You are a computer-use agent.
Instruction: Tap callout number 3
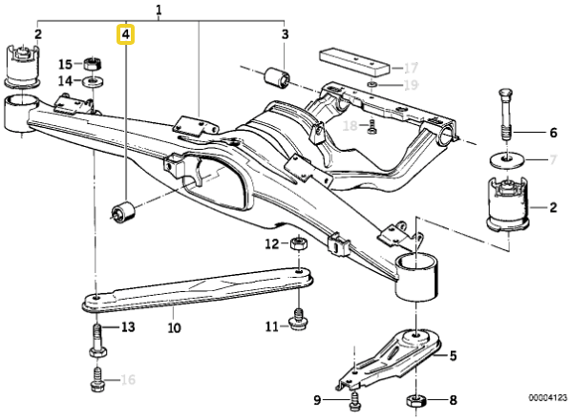point(284,35)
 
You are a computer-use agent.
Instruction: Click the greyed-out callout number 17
point(411,68)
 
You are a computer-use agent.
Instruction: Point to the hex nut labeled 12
point(297,244)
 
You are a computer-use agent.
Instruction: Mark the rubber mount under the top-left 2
point(20,64)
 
